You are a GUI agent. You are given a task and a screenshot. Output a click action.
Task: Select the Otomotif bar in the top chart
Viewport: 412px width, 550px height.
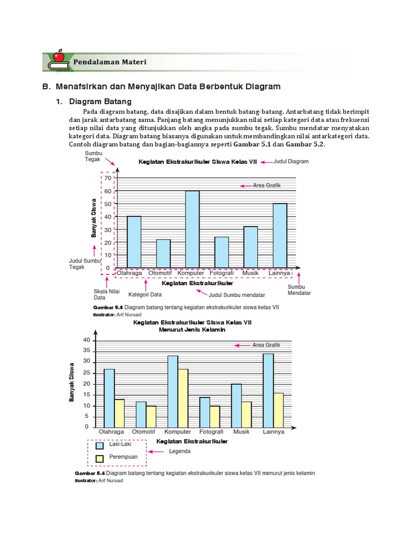(163, 254)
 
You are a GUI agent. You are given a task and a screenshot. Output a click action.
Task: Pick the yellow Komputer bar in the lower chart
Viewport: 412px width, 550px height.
(183, 398)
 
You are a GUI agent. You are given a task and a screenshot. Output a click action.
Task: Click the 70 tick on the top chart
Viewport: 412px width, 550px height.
(107, 178)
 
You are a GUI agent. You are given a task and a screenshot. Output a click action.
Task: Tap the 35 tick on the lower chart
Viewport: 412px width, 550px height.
(87, 351)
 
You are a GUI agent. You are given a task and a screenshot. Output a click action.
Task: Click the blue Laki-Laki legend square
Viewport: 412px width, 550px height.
(99, 445)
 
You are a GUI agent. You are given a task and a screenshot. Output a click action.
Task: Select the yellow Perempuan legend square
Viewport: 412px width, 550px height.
(99, 458)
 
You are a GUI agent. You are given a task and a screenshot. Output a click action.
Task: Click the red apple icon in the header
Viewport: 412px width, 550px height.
(58, 56)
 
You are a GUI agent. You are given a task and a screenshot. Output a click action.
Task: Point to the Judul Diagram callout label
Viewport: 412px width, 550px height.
(291, 161)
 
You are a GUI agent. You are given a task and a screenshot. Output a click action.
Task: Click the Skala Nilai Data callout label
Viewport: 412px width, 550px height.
(107, 294)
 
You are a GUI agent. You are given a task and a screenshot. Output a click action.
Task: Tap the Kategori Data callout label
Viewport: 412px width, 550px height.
(145, 294)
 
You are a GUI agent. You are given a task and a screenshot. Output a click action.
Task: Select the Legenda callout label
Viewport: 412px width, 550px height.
(180, 451)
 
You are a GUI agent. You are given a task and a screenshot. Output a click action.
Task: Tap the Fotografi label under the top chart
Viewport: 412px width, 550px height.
(222, 273)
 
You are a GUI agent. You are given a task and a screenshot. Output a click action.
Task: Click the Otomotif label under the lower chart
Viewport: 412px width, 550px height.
(143, 432)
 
